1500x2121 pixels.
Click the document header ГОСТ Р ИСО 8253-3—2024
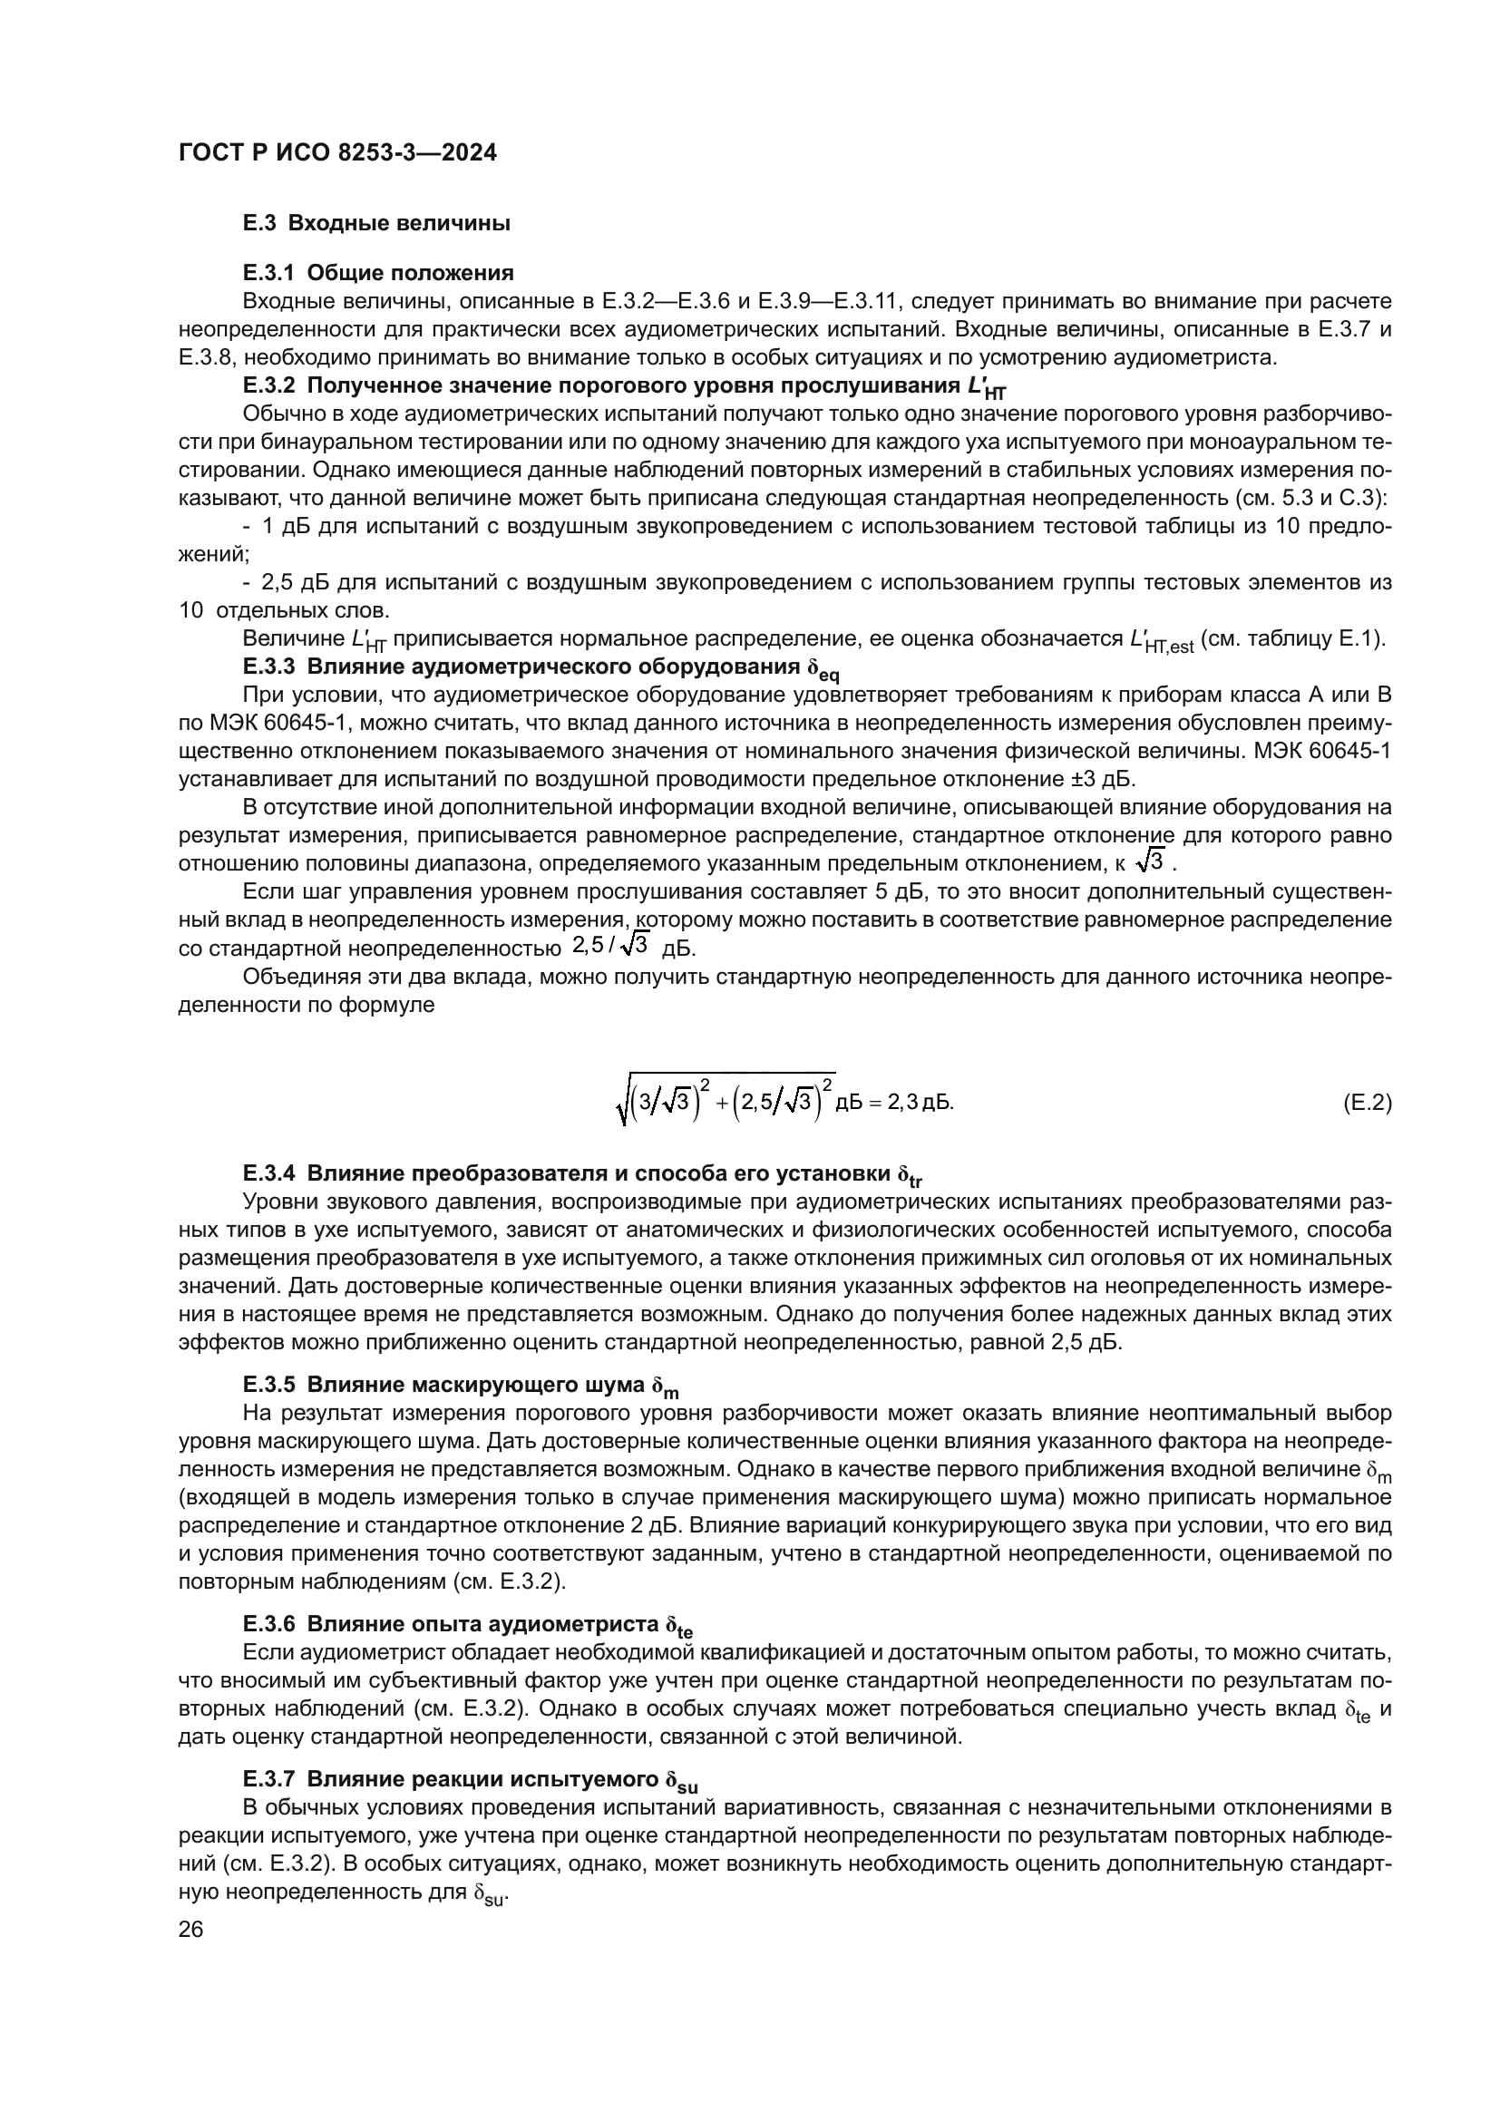tap(337, 153)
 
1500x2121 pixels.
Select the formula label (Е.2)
tap(1366, 1103)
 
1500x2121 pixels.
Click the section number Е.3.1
tap(268, 273)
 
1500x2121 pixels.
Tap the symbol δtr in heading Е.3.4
tap(910, 1176)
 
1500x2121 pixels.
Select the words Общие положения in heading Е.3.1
tap(410, 273)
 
